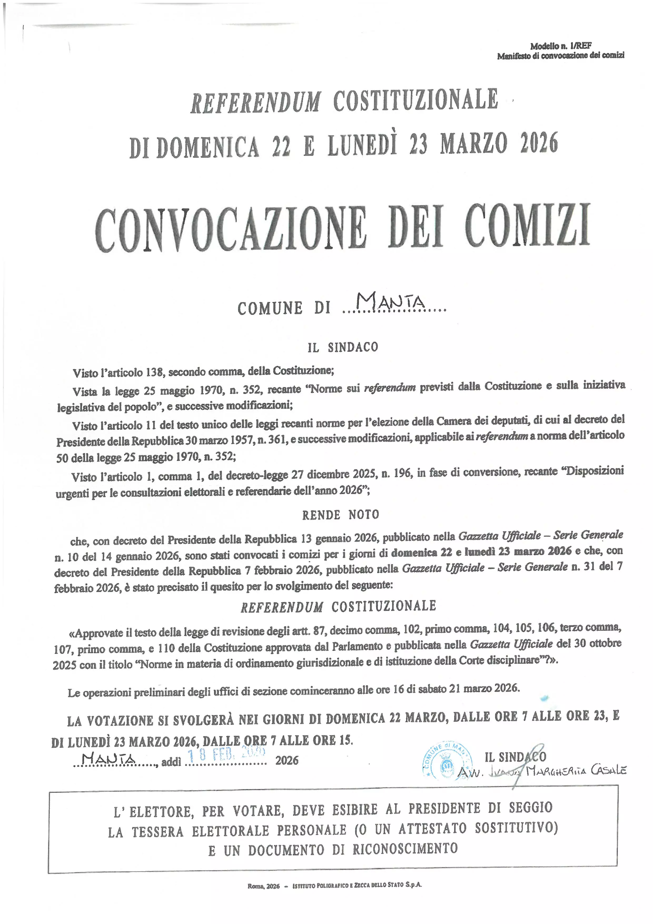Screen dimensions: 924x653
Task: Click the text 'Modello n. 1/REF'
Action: [x=561, y=46]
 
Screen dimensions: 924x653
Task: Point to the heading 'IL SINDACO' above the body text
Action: [x=343, y=347]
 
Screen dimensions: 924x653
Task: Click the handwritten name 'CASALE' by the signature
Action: [x=608, y=770]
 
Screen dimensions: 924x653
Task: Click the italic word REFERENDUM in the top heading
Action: [x=255, y=102]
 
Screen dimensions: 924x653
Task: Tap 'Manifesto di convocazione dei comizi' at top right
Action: [x=561, y=56]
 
